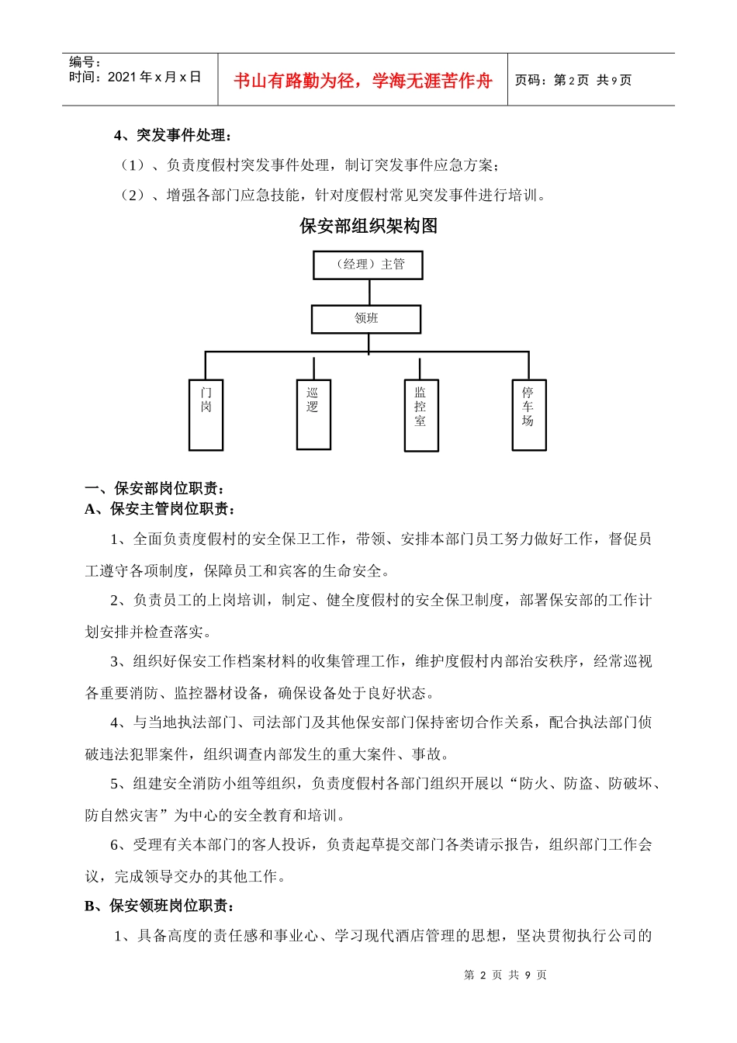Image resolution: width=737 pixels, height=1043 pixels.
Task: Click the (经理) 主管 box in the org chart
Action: (368, 265)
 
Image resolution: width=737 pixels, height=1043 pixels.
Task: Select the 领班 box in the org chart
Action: (366, 319)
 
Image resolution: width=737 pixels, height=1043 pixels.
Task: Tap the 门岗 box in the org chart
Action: (206, 414)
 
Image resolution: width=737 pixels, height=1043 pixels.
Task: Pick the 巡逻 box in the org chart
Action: (313, 414)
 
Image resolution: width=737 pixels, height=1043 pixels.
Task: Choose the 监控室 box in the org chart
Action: (421, 414)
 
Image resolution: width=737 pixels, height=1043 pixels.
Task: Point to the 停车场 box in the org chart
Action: (529, 414)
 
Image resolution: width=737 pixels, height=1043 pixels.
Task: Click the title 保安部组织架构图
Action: (368, 226)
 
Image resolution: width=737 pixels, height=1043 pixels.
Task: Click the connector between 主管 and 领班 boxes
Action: (369, 292)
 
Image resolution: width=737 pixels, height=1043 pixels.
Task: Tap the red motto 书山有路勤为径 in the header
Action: (362, 81)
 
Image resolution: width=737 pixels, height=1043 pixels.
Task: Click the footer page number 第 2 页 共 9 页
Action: (505, 975)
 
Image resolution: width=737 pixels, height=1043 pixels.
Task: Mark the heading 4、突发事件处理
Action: (172, 135)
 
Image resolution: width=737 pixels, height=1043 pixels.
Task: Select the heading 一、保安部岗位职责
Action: (155, 488)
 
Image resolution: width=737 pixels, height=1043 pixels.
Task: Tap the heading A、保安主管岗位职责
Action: (161, 509)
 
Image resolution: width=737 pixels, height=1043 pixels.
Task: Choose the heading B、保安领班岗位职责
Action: (160, 906)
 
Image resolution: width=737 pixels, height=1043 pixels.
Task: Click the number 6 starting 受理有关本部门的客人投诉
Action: (115, 844)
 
